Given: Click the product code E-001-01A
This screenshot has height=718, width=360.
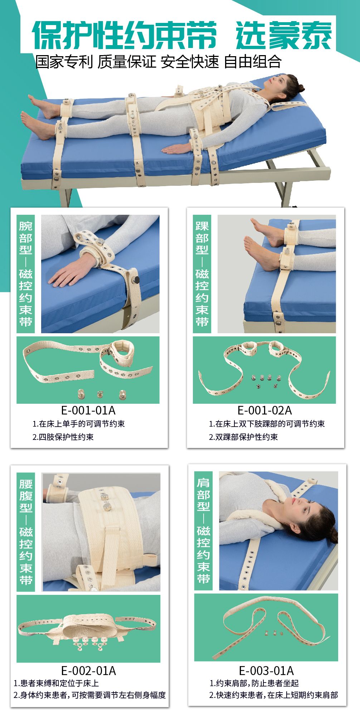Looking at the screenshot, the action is pos(88,410).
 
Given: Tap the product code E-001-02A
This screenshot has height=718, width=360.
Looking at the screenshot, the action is pos(265,410).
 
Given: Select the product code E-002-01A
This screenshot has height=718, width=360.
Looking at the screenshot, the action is pos(89,670).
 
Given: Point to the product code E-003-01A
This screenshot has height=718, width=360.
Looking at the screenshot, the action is pos(266,670).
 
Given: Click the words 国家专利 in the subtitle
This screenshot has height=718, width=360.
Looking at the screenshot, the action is pos(64,62).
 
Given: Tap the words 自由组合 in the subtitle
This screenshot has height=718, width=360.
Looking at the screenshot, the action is pos(253,62).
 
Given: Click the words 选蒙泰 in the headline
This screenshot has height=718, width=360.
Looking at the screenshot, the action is pos(284,35).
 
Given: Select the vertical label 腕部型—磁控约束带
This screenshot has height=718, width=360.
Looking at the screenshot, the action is pos(26,274).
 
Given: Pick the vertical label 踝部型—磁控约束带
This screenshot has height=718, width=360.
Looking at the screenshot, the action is pos(202,274).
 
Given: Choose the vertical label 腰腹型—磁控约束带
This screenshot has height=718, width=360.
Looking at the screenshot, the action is pos(26,532).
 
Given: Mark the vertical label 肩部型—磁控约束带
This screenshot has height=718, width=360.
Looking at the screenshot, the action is pos(203,531).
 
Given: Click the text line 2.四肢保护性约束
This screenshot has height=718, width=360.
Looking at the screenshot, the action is pos(63,437).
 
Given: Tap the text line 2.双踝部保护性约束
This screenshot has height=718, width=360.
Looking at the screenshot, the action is pos(243,437).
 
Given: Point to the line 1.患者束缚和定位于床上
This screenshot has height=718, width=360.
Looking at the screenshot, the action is pos(56,683).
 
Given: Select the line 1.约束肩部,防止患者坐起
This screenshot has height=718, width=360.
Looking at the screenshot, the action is pos(254,683).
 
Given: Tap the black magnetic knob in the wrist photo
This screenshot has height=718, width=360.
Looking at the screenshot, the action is pos(136,279).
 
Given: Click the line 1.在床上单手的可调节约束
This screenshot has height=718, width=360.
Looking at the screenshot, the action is pos(79,424).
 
